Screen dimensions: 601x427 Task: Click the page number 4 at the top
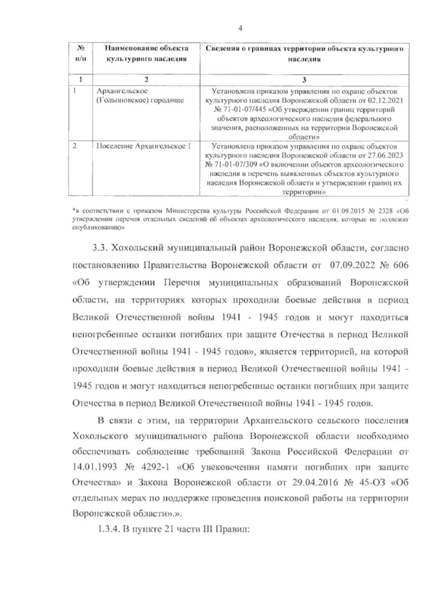click(x=240, y=29)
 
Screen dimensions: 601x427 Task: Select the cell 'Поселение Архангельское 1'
click(x=144, y=146)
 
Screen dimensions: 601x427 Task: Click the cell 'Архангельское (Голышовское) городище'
click(x=141, y=96)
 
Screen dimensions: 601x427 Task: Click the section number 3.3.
click(x=99, y=248)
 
